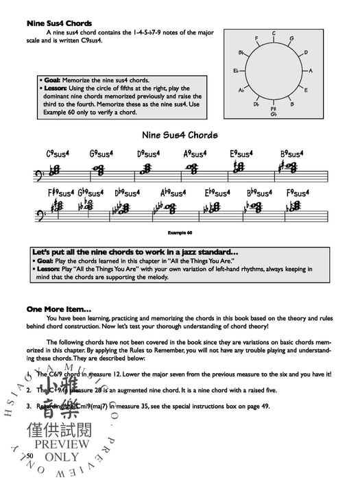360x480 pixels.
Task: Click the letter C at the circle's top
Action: [273, 33]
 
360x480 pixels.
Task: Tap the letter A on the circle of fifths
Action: [311, 71]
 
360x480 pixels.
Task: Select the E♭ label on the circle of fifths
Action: [236, 71]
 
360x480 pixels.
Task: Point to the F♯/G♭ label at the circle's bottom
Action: [274, 110]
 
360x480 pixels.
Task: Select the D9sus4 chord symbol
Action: [149, 154]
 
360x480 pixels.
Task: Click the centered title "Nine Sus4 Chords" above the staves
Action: [181, 135]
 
